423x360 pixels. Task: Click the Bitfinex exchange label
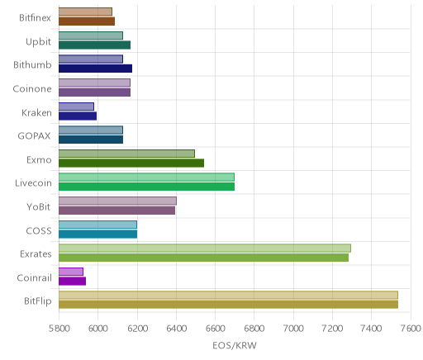click(35, 18)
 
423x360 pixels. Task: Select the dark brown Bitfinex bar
click(87, 21)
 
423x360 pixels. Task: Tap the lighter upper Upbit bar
click(91, 36)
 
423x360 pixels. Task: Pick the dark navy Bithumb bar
click(95, 69)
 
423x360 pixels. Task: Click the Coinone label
click(32, 89)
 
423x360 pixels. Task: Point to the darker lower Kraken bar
click(78, 116)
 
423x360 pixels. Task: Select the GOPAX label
click(34, 136)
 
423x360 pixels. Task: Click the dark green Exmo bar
click(131, 163)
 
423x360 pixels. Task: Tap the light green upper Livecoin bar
click(146, 177)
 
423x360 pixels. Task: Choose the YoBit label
click(38, 206)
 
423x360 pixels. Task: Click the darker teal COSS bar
click(97, 234)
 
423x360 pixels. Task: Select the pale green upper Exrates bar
click(205, 248)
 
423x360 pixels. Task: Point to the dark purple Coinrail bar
click(72, 282)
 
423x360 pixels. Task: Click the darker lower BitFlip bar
click(228, 305)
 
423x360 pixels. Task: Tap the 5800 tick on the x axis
click(59, 329)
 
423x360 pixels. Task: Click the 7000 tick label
click(293, 329)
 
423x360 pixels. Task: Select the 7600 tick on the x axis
click(411, 329)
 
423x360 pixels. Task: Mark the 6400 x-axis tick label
click(176, 329)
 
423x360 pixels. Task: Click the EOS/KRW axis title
click(235, 345)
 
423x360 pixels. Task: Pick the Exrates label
click(36, 254)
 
